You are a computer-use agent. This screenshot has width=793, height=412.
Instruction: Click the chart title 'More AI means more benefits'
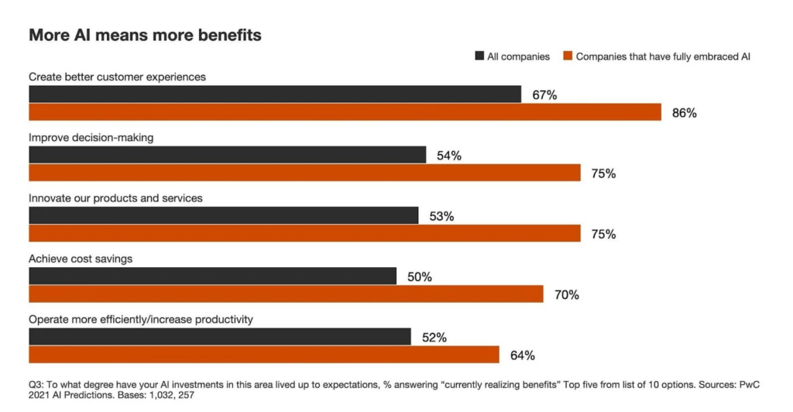[145, 35]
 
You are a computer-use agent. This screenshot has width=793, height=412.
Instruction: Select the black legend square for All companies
[479, 57]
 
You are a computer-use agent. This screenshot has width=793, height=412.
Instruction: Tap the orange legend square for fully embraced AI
[568, 57]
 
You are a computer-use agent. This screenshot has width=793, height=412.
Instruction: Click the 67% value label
[544, 95]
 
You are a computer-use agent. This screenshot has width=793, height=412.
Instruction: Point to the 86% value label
[685, 113]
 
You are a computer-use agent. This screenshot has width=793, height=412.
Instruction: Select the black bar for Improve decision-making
[227, 155]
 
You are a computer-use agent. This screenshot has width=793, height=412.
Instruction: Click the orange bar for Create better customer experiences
[345, 112]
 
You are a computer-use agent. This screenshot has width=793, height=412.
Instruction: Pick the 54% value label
[449, 156]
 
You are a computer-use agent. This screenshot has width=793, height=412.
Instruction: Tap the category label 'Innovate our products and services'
[115, 198]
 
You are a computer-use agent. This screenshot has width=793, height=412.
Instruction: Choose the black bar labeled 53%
[223, 215]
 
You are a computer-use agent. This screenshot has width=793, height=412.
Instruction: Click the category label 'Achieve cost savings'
[81, 259]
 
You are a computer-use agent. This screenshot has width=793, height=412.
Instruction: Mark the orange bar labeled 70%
[286, 294]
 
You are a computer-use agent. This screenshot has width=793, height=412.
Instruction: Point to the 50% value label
[420, 276]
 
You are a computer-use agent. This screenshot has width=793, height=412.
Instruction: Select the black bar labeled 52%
[219, 336]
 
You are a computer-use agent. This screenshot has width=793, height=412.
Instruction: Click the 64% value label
[523, 355]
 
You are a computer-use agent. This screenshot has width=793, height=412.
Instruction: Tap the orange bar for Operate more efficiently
[263, 354]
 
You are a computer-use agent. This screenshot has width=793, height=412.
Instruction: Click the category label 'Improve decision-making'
[91, 138]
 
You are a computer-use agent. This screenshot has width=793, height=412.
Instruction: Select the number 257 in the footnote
[184, 395]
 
